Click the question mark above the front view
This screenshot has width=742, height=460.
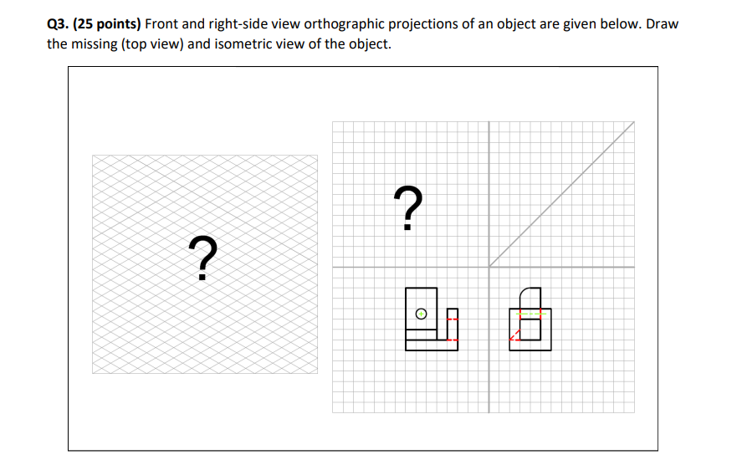pyautogui.click(x=407, y=208)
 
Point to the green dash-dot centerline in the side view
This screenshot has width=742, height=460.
pyautogui.click(x=530, y=315)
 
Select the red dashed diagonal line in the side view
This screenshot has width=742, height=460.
pyautogui.click(x=516, y=335)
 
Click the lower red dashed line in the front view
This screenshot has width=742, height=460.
pyautogui.click(x=449, y=340)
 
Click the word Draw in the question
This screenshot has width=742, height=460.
pyautogui.click(x=663, y=23)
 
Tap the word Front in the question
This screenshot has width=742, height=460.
pyautogui.click(x=163, y=23)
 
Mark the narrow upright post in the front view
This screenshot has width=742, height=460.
pyautogui.click(x=453, y=325)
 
